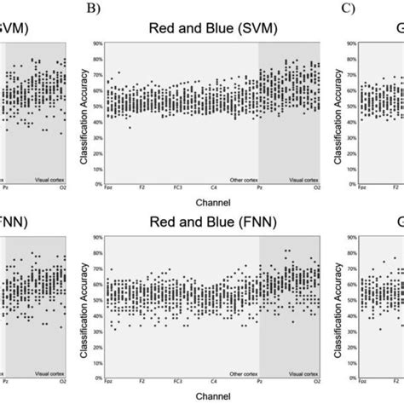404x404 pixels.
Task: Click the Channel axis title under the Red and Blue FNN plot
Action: pos(204,395)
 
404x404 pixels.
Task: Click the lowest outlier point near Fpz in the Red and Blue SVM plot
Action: pos(130,127)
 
